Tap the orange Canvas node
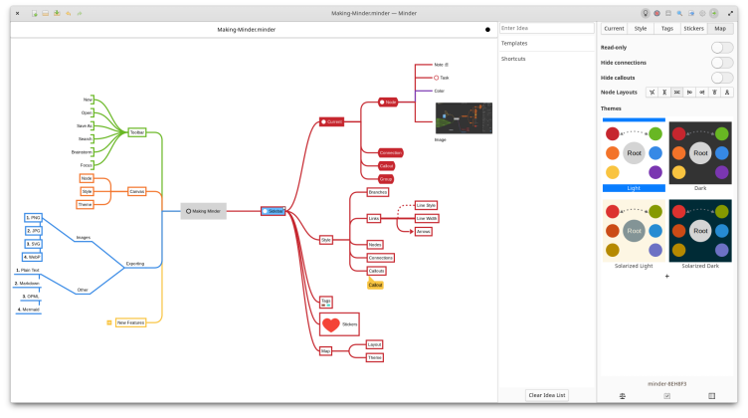137,190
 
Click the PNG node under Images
34,217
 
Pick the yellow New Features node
130,322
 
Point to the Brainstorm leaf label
82,151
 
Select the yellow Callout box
375,285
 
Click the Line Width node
427,218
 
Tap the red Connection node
391,152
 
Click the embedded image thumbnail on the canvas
464,117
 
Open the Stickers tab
694,29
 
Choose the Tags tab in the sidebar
666,29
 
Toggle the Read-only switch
722,47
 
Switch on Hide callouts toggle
722,77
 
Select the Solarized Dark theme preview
700,231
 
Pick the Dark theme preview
700,153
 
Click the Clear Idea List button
547,395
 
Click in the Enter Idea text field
547,28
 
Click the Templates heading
514,44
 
